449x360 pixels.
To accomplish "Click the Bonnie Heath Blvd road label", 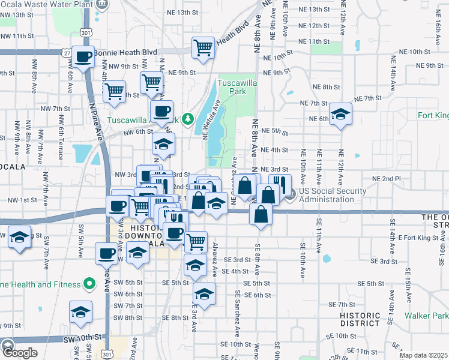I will pyautogui.click(x=121, y=53).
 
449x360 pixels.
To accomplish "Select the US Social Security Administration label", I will pyautogui.click(x=333, y=195).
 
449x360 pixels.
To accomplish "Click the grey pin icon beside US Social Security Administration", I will pyautogui.click(x=291, y=193).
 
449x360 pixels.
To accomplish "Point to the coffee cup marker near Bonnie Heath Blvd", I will pyautogui.click(x=83, y=57).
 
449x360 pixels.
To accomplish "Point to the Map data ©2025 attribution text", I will pyautogui.click(x=423, y=355).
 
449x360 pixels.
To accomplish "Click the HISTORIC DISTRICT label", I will pyautogui.click(x=360, y=320).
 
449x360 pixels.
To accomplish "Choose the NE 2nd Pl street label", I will pyautogui.click(x=386, y=179).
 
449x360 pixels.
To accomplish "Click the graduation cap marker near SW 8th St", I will pyautogui.click(x=80, y=312).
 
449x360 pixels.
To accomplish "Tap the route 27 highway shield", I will pyautogui.click(x=64, y=53).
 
